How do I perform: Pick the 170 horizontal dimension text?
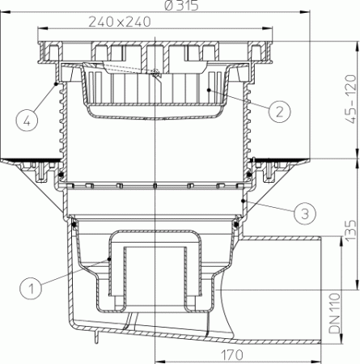point(234,353)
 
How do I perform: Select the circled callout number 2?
point(277,111)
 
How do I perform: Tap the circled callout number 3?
point(303,214)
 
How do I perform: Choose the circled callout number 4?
point(27,122)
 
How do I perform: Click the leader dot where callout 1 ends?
point(87,260)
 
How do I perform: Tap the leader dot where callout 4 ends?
point(56,83)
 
